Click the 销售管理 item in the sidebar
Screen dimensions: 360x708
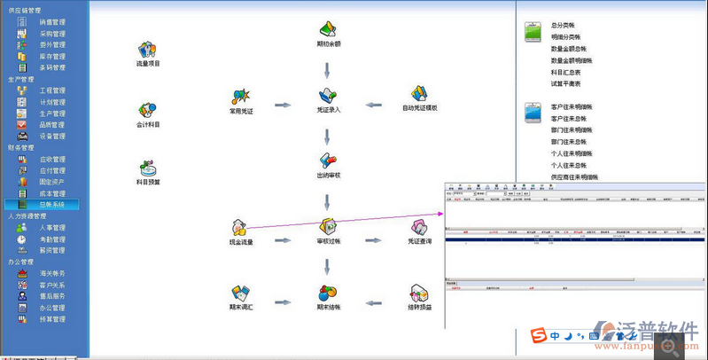[x=51, y=21]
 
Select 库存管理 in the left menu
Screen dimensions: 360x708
[x=51, y=56]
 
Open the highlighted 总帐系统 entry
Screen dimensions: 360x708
[x=51, y=205]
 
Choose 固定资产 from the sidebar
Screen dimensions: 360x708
[x=51, y=182]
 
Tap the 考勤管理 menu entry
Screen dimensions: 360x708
[x=51, y=239]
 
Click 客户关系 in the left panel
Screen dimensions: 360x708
[x=51, y=285]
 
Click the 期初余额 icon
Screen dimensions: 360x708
[x=328, y=27]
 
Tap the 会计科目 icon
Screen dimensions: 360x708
[x=148, y=111]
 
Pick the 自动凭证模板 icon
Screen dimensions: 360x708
[x=419, y=93]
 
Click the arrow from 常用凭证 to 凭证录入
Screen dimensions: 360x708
[x=283, y=106]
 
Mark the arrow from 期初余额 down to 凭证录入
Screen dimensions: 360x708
[x=327, y=69]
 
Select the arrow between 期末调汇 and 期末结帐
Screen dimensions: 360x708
[x=283, y=302]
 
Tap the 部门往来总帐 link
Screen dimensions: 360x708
[x=569, y=142]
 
